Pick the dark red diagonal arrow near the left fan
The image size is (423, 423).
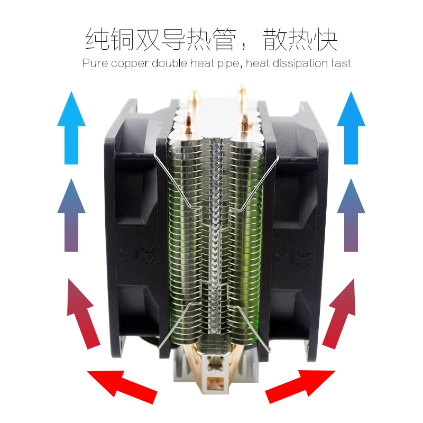(x=82, y=312)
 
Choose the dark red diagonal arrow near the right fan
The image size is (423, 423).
(x=341, y=312)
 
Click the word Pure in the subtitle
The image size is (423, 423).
(x=94, y=63)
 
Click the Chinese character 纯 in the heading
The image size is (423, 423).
(x=98, y=40)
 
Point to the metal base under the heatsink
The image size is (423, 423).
(x=212, y=370)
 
